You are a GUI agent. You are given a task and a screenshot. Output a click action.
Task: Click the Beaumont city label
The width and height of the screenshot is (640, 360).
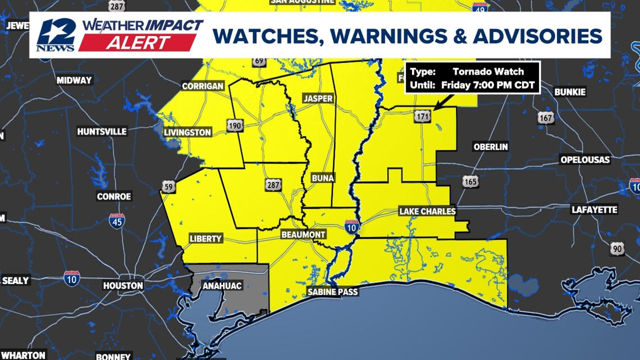(303, 234)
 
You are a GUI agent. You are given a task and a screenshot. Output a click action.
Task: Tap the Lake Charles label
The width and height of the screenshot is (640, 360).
(427, 212)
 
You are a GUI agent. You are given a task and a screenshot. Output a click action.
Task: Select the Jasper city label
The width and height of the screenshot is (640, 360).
(318, 98)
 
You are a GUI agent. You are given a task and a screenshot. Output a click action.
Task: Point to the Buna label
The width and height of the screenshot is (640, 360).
(322, 178)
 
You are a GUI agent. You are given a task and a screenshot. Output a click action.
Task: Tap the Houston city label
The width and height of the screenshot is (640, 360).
(123, 286)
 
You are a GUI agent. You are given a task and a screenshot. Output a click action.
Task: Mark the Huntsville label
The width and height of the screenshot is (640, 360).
(102, 131)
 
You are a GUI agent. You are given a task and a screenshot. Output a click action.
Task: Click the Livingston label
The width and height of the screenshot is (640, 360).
(188, 133)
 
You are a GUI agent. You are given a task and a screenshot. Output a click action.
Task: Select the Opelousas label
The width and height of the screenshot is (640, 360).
(585, 160)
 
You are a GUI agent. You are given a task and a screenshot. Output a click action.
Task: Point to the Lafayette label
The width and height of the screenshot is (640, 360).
(594, 210)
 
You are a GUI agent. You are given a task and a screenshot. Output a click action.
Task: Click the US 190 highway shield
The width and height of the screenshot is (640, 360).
(235, 125)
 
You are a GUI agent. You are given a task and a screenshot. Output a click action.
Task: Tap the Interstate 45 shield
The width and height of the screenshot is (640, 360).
(117, 221)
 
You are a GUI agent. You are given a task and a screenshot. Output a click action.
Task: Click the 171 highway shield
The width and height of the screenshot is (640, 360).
(423, 116)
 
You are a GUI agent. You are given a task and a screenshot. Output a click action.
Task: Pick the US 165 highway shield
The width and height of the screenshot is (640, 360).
(470, 181)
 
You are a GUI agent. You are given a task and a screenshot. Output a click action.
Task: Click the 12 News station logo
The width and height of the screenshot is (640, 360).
(56, 35)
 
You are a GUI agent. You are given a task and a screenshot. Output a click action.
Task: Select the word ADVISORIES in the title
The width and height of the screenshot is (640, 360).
(537, 36)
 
